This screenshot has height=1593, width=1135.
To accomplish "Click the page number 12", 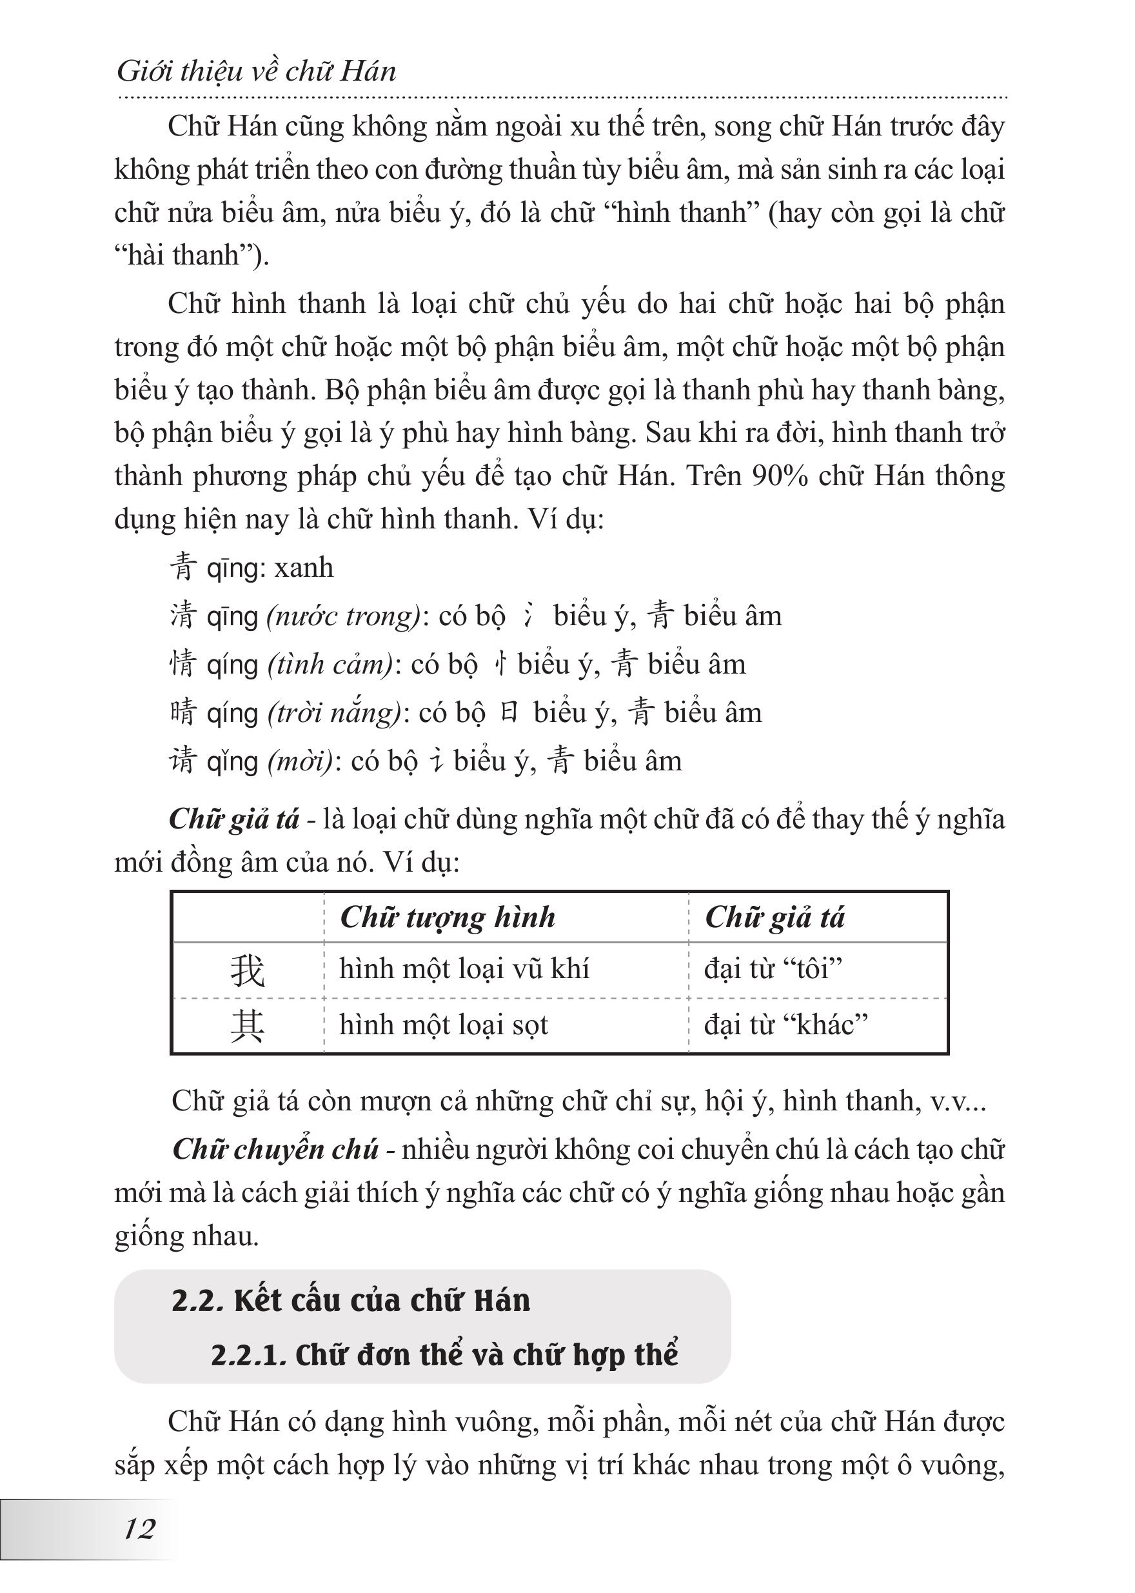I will [x=139, y=1529].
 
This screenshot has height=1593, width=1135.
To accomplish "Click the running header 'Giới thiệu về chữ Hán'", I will [x=257, y=72].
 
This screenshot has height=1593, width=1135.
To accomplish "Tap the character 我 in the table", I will [x=248, y=970].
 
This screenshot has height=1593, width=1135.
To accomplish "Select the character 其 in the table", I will [x=248, y=1026].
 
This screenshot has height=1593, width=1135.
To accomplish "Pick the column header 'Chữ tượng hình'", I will [x=448, y=917].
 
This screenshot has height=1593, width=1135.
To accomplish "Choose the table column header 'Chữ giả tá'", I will [x=775, y=917].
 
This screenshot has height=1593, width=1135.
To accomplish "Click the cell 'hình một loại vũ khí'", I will [x=464, y=969].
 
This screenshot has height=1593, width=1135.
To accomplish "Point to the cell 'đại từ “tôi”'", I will [x=773, y=969].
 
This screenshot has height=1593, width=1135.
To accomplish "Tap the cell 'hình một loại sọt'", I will [x=444, y=1025].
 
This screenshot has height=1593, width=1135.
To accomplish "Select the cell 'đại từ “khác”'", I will [x=785, y=1025].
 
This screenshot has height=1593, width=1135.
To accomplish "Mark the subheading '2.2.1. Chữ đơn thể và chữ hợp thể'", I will [x=444, y=1355].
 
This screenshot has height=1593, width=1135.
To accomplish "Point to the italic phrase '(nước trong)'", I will [x=344, y=616].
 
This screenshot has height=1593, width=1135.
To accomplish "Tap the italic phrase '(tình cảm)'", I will [x=331, y=665].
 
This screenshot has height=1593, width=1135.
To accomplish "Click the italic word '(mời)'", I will [x=301, y=761].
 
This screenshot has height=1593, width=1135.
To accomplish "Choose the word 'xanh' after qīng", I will [x=304, y=568].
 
